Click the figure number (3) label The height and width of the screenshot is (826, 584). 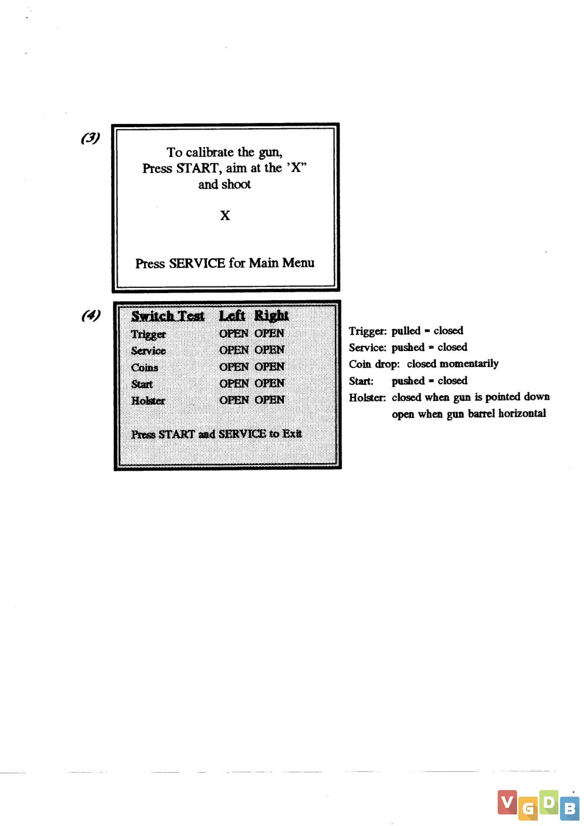coord(90,138)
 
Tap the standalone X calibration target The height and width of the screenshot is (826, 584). coord(225,216)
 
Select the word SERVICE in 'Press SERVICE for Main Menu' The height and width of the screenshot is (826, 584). coord(197,263)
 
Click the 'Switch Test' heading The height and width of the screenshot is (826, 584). coord(168,316)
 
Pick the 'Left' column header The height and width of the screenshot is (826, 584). coord(232,316)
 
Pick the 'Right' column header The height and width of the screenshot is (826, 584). coord(271,316)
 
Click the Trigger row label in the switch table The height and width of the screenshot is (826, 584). coord(148,335)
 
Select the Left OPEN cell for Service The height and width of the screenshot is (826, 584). coord(234,350)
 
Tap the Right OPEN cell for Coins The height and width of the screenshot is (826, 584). coord(269,367)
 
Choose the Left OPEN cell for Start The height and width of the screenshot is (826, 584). coord(234,384)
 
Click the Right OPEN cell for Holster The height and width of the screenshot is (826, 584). coord(269,400)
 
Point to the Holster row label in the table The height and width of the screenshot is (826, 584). coord(148,401)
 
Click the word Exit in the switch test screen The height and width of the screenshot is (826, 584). coord(292,434)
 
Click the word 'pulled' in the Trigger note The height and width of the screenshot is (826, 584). coord(406,331)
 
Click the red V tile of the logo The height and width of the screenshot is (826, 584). coord(507,802)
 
